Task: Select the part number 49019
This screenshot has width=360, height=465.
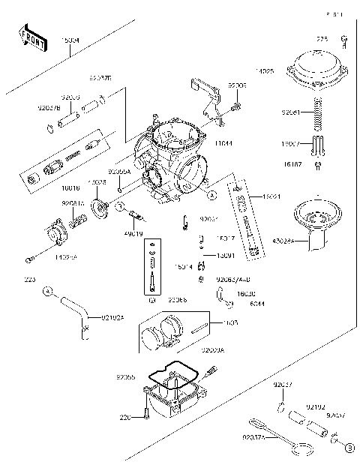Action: [134, 235]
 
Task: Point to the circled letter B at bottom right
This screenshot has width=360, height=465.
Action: [348, 448]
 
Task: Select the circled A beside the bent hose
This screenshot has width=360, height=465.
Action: [46, 289]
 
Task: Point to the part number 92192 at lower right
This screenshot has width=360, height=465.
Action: [315, 405]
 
